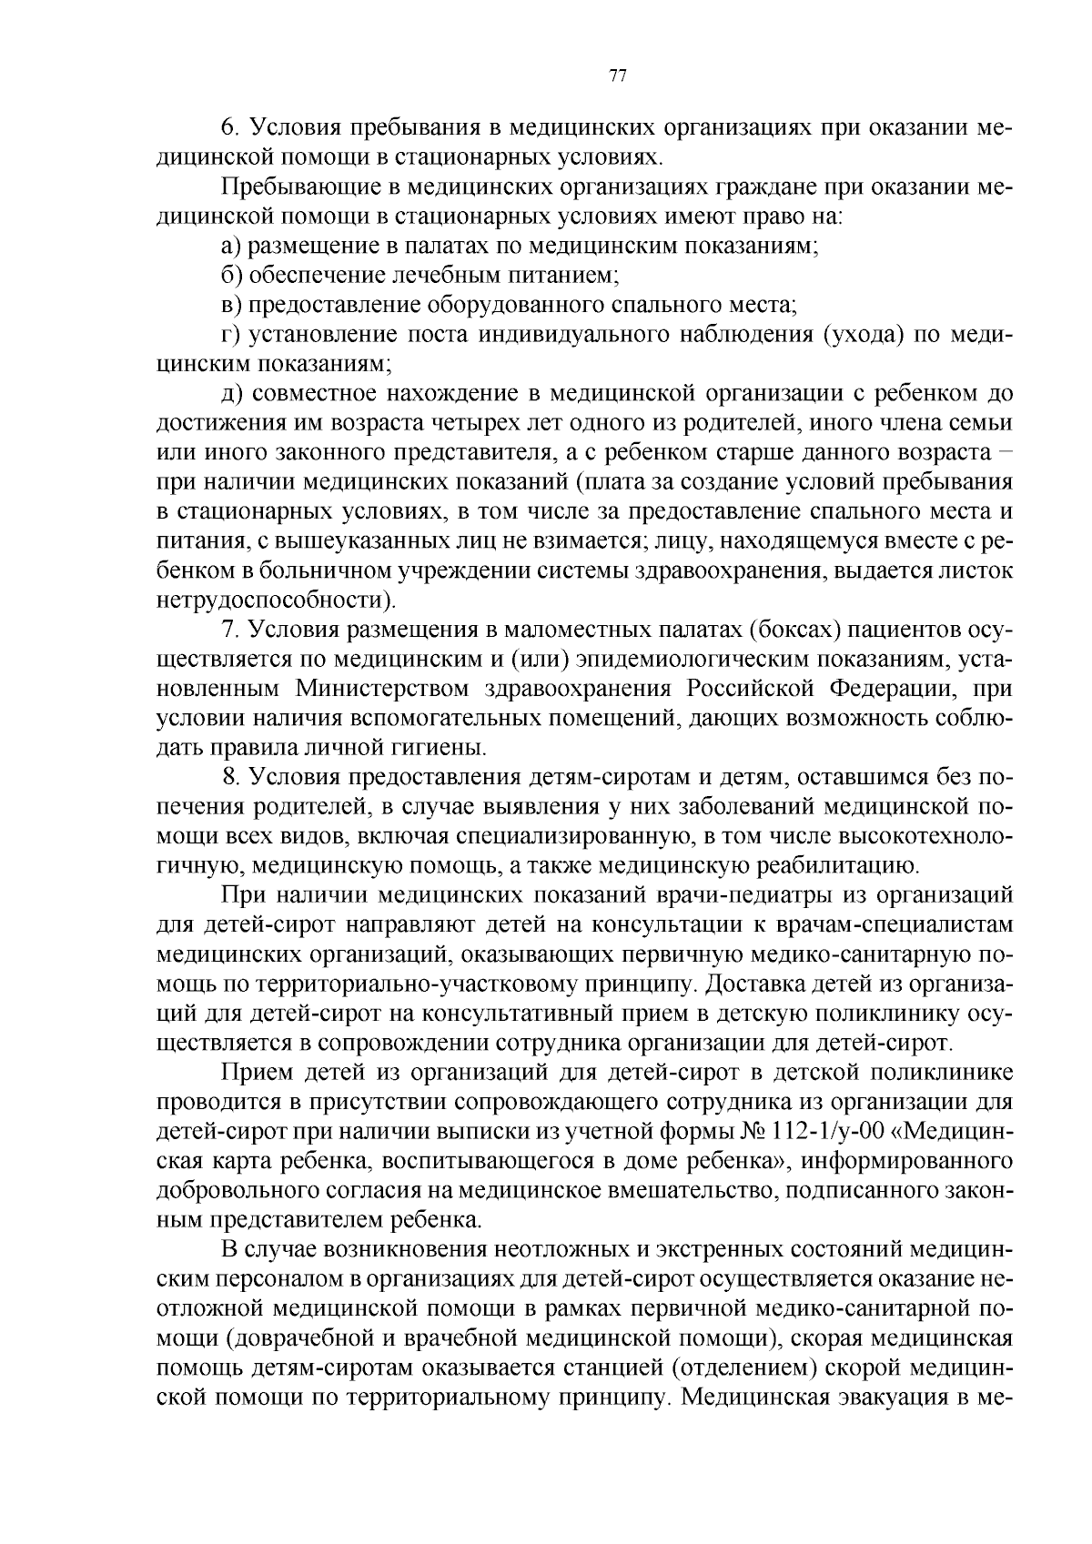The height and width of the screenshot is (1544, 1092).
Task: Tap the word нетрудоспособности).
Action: (x=277, y=600)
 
